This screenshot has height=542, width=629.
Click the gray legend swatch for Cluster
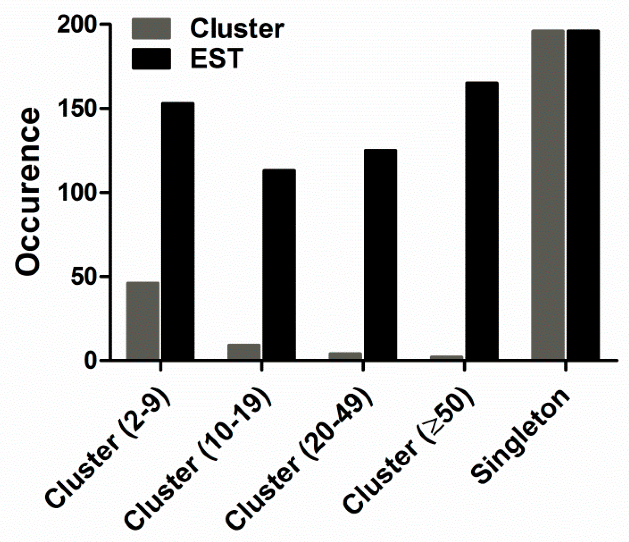[x=151, y=29]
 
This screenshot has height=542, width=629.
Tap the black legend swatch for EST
[x=151, y=59]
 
